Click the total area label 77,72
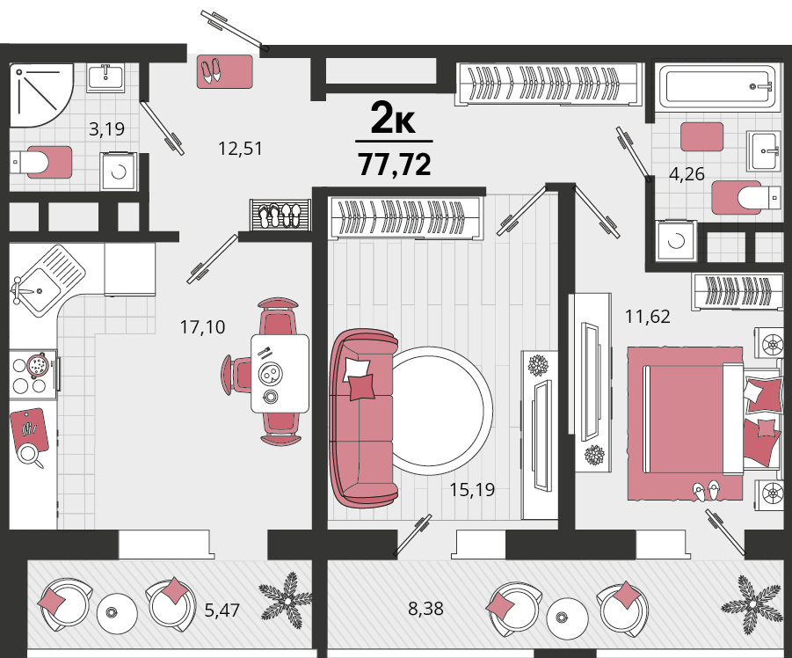point(395,164)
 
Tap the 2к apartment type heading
point(393,118)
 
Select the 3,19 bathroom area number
point(106,129)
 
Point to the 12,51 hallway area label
point(241,149)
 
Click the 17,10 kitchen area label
point(202,327)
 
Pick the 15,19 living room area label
point(472,490)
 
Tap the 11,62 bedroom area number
point(648,317)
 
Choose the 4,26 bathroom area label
point(687,174)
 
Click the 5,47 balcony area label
point(222,610)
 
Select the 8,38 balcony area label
point(425,609)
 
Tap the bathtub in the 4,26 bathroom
point(717,86)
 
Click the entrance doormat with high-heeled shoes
point(225,72)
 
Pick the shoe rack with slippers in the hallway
point(280,216)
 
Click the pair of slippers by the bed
point(706,491)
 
